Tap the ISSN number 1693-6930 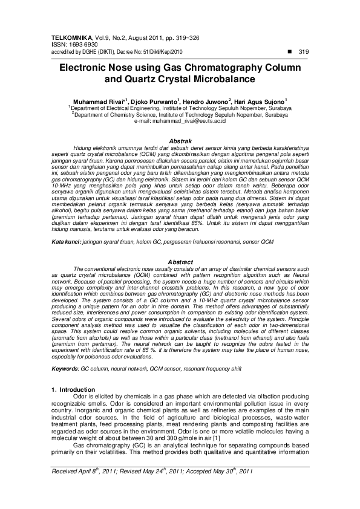(x=80, y=45)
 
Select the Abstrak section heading (x=180, y=140)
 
